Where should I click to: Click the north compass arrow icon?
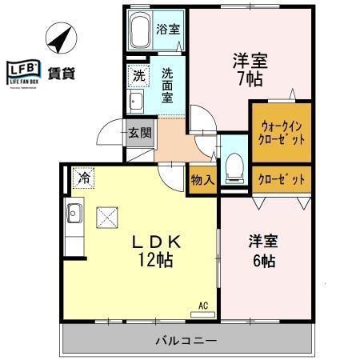[x=58, y=35]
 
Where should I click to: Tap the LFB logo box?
[x=23, y=73]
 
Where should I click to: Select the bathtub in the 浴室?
[x=140, y=32]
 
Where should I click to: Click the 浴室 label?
[x=168, y=30]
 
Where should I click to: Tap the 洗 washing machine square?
[x=138, y=77]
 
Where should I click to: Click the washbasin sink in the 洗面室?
[x=135, y=101]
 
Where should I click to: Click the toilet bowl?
[x=234, y=167]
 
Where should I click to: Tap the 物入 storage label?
[x=202, y=180]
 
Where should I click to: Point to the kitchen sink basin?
[x=74, y=214]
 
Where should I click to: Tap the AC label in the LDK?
[x=203, y=305]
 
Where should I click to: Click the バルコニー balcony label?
[x=186, y=342]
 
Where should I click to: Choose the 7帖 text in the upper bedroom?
[x=250, y=79]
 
